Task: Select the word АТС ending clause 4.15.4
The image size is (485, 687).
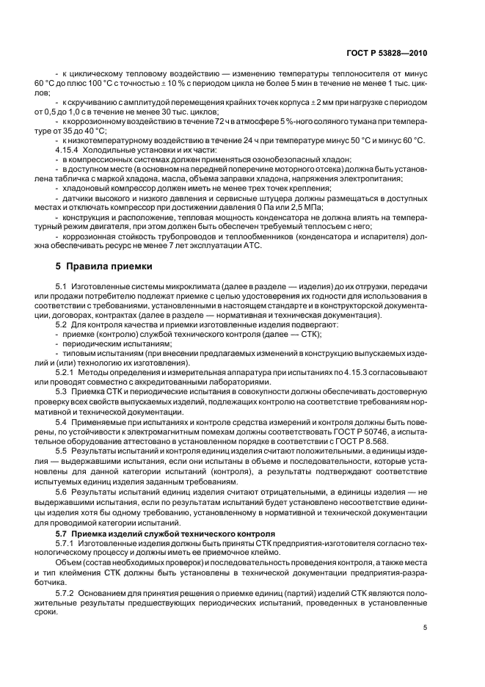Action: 242,246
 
